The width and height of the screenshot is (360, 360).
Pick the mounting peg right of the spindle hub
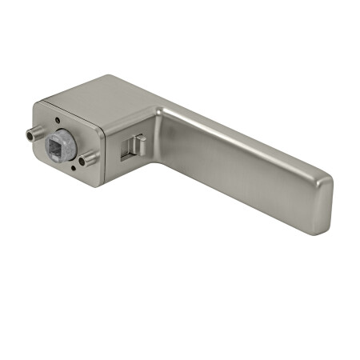pyautogui.click(x=88, y=158)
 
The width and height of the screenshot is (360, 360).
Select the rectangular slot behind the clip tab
pyautogui.click(x=128, y=151)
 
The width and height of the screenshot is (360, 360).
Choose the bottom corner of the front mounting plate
pyautogui.click(x=97, y=184)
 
